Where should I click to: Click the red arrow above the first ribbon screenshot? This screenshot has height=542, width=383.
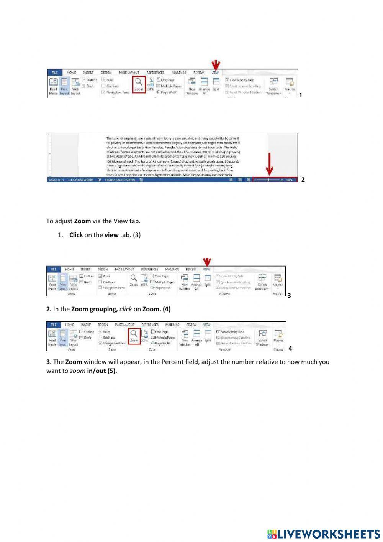(x=216, y=65)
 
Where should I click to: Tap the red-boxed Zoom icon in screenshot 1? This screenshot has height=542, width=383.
(x=139, y=84)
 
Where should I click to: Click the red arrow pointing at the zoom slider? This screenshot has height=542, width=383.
(x=269, y=164)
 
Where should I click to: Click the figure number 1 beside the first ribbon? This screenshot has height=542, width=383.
(x=301, y=96)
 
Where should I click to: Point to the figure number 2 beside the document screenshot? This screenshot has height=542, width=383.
(x=303, y=180)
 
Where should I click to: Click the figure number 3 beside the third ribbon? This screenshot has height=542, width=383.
(x=289, y=295)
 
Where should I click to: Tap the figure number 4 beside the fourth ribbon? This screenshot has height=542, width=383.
(x=290, y=348)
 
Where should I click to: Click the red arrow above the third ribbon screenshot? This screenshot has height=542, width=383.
(x=207, y=262)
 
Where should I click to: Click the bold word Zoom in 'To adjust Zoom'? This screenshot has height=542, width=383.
(x=82, y=221)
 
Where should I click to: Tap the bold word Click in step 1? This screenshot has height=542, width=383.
(x=76, y=235)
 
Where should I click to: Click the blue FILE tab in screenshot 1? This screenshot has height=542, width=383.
(x=55, y=72)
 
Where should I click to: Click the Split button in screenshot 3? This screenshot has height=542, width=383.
(x=208, y=280)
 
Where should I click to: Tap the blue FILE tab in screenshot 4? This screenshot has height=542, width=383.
(x=53, y=325)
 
